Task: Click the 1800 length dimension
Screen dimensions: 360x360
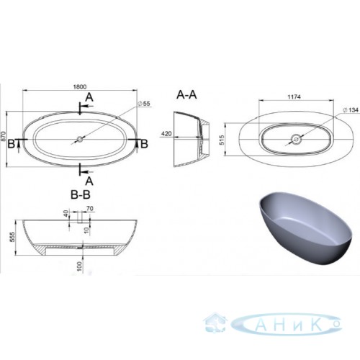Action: point(80,86)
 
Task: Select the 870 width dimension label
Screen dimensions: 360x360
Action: point(3,137)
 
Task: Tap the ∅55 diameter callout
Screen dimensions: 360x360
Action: point(144,104)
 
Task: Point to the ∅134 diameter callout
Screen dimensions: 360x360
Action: point(351,110)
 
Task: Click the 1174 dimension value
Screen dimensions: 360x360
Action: point(294,97)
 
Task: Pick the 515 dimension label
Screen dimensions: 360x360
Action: point(222,140)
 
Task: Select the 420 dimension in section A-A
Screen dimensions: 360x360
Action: point(166,133)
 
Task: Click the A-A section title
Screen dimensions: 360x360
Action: point(186,95)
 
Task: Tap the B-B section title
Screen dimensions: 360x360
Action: point(81,194)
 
